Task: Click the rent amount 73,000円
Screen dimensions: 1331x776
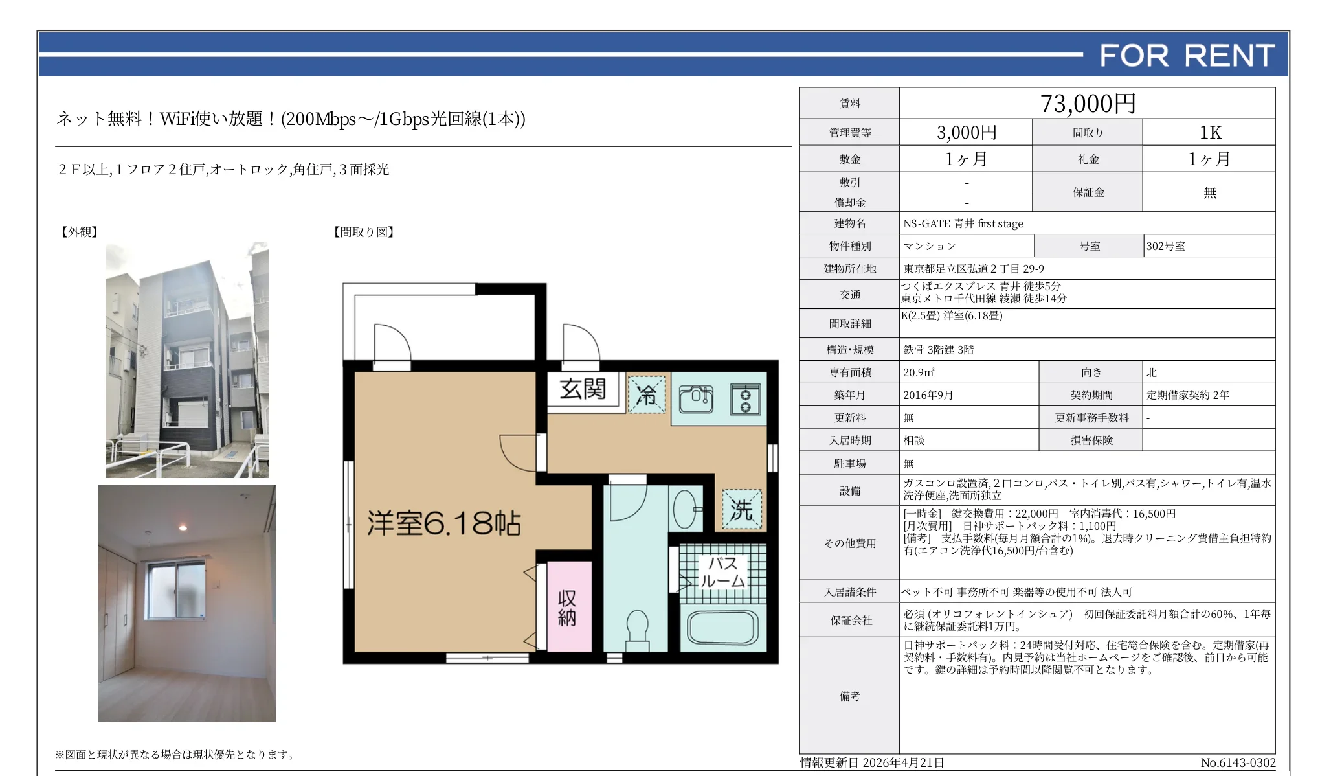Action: pyautogui.click(x=1088, y=104)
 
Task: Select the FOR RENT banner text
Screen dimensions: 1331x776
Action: pyautogui.click(x=1187, y=56)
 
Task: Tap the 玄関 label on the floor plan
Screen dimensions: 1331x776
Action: pyautogui.click(x=583, y=389)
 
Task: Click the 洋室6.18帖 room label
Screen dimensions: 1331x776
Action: pyautogui.click(x=444, y=523)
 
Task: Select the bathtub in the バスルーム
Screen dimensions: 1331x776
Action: pyautogui.click(x=722, y=626)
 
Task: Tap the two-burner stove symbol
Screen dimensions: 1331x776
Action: pyautogui.click(x=745, y=399)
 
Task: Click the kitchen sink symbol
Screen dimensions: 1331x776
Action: pyautogui.click(x=696, y=398)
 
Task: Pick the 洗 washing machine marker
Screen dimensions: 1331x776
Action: pyautogui.click(x=742, y=510)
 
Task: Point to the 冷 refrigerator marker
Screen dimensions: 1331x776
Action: pyautogui.click(x=647, y=394)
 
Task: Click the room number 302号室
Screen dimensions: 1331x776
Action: pyautogui.click(x=1165, y=246)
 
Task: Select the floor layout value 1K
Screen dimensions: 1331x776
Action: pyautogui.click(x=1210, y=133)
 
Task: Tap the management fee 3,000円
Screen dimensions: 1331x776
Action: pyautogui.click(x=967, y=133)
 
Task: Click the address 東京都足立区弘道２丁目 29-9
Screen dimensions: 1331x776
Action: pyautogui.click(x=974, y=269)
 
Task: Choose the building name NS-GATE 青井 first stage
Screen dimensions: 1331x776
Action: pyautogui.click(x=963, y=223)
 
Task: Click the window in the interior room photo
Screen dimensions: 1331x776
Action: pyautogui.click(x=175, y=591)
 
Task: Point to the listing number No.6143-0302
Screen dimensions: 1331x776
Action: pyautogui.click(x=1238, y=763)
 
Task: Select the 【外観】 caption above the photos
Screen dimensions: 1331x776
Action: pyautogui.click(x=79, y=232)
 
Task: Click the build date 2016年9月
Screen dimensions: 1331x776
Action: pyautogui.click(x=928, y=395)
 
